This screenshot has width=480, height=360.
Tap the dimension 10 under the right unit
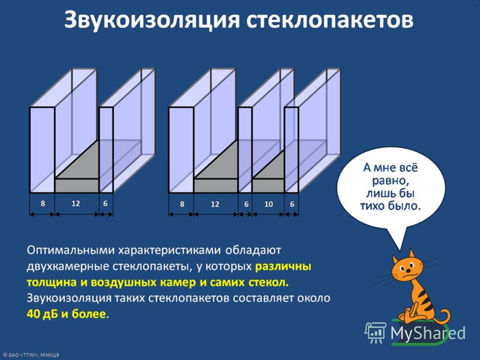coord(268,204)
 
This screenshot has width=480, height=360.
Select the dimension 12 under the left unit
coord(76,203)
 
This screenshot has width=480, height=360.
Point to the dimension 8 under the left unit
coord(43,203)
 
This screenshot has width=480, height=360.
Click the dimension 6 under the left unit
coord(106,203)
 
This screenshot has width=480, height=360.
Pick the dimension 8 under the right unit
coord(182,204)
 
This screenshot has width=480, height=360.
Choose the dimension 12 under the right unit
coord(215,204)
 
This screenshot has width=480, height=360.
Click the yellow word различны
coord(283,266)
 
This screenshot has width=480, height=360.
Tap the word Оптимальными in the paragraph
coord(70,250)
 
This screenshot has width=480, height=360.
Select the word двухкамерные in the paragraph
coord(68,266)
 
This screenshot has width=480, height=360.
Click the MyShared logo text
coord(428,333)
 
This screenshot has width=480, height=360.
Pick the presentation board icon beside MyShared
coord(376,332)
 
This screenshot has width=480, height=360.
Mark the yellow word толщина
coord(52,282)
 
